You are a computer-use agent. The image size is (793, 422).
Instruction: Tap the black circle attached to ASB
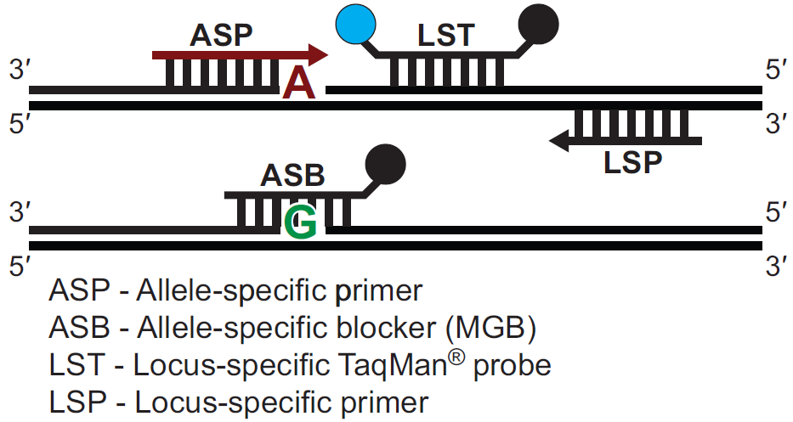pyautogui.click(x=385, y=164)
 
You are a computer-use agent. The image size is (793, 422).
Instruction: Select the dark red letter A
pyautogui.click(x=299, y=83)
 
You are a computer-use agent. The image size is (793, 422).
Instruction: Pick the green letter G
pyautogui.click(x=303, y=222)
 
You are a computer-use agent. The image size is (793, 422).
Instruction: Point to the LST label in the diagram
pyautogui.click(x=446, y=37)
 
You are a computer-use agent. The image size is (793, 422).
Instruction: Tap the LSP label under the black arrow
pyautogui.click(x=633, y=161)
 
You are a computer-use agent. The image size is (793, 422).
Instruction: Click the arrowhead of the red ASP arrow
pyautogui.click(x=319, y=55)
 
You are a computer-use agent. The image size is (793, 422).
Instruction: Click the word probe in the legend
pyautogui.click(x=512, y=365)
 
